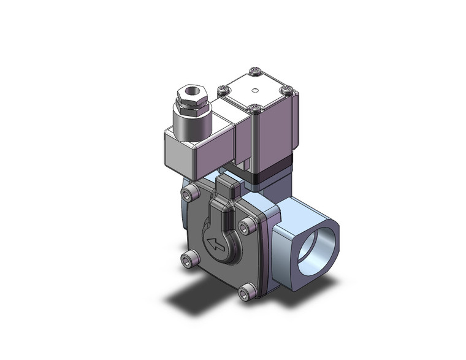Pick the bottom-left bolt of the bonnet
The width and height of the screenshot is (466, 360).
tap(188, 260)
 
